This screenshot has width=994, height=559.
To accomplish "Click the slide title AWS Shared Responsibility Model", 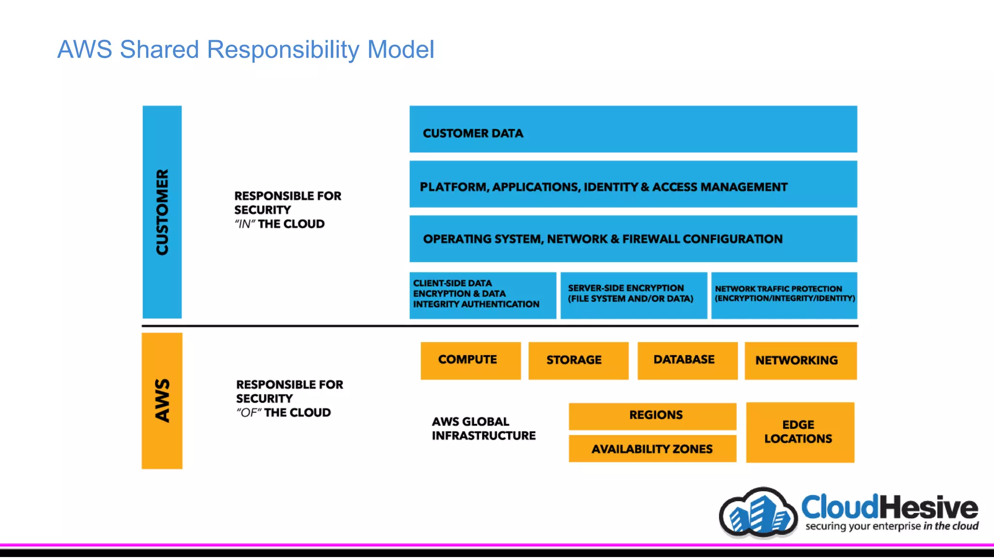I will (x=246, y=49).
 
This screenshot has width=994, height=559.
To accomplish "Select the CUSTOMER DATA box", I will (x=633, y=130).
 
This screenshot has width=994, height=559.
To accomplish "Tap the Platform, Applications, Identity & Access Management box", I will (x=633, y=184).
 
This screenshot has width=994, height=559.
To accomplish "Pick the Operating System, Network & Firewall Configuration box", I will (x=633, y=239).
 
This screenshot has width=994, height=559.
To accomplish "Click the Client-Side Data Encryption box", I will (x=482, y=295).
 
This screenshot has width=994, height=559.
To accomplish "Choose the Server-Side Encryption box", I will (x=633, y=295).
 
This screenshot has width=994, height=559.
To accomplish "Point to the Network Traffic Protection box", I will (x=784, y=295).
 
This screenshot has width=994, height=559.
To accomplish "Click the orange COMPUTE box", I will (x=470, y=361).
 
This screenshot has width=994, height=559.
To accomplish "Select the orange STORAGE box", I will (x=578, y=361).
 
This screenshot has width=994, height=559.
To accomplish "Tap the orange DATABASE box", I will (x=687, y=361).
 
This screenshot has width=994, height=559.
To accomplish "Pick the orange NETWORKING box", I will (x=800, y=361).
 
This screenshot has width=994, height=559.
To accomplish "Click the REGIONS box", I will (x=652, y=416).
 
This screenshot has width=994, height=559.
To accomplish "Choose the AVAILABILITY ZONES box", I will (x=652, y=449).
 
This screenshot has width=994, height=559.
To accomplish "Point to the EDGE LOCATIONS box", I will (x=800, y=432).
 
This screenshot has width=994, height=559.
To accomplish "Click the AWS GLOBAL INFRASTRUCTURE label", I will (x=483, y=428).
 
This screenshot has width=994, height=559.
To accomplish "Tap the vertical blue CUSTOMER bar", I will (x=162, y=212).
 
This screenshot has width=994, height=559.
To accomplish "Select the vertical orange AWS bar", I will (x=162, y=401).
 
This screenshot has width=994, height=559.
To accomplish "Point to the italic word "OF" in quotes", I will (x=248, y=413).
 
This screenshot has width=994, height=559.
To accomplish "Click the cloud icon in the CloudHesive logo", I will (x=758, y=514).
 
